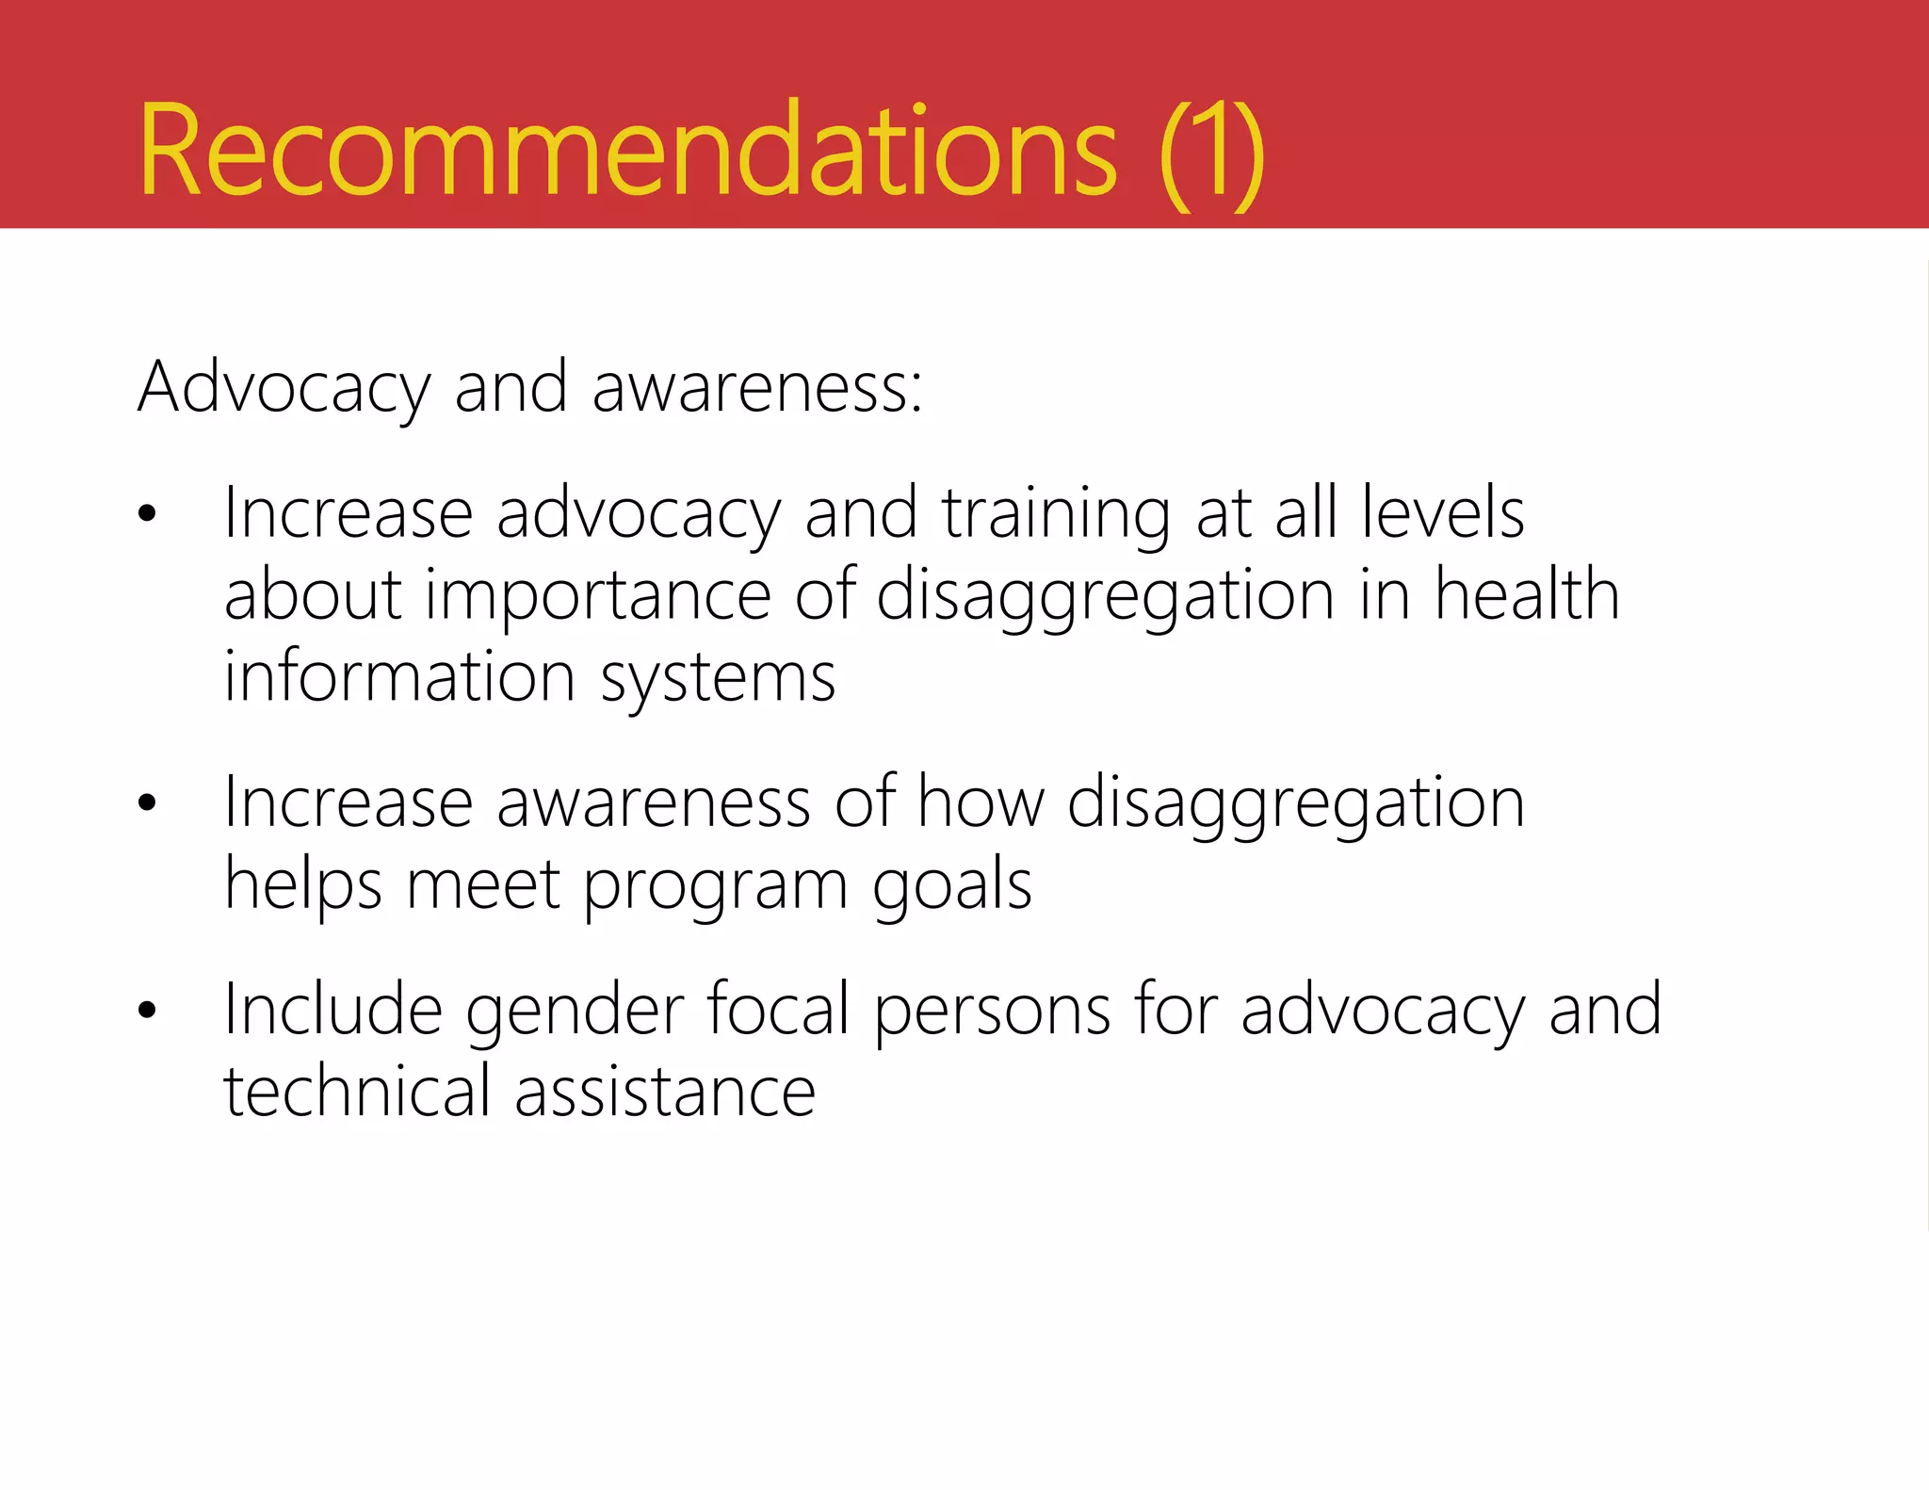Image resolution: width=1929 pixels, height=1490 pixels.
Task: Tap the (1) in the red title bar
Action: click(1212, 154)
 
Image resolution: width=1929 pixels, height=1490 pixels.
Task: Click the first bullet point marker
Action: click(146, 514)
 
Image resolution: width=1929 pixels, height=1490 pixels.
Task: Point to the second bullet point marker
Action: click(146, 803)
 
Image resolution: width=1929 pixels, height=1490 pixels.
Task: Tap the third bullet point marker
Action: click(146, 1011)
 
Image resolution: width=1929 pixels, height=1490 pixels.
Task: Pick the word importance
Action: click(598, 596)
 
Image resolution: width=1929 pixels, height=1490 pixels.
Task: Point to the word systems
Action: click(718, 678)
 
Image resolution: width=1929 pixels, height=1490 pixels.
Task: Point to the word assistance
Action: click(665, 1092)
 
